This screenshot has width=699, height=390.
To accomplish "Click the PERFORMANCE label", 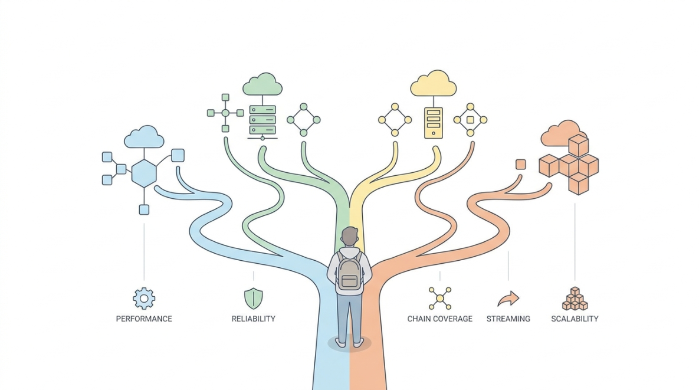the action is coord(144,319).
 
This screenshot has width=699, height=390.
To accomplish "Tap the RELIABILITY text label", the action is coord(253,319).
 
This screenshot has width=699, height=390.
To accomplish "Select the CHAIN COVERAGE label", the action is coord(440,319).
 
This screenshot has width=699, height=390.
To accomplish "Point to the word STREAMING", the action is coord(508,319).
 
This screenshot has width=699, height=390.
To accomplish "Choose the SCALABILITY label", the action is coord(575,319).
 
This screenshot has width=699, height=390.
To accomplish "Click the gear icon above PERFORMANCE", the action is coord(144,298).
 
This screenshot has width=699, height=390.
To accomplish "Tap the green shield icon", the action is coord(253,298).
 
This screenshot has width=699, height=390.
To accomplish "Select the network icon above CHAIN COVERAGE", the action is coord(440,298).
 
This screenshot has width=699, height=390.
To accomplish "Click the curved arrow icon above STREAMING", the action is coord(508,299).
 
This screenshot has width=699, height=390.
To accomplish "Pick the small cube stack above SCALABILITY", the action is coord(575,299).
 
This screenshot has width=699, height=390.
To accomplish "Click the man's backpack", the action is coord(349,273).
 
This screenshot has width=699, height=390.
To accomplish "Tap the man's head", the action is coord(350,236).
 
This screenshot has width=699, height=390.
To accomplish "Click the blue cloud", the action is coord(144,137).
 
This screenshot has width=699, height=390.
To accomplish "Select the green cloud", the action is coord(262,84).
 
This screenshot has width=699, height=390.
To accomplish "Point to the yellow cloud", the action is coord(434,83).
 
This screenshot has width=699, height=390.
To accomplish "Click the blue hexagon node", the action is coord(144,173).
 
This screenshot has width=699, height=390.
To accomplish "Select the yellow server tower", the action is coord(434,123).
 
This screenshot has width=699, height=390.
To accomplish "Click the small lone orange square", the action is coord(521,165).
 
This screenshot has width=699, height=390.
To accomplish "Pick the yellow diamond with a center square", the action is coord(470,120).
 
